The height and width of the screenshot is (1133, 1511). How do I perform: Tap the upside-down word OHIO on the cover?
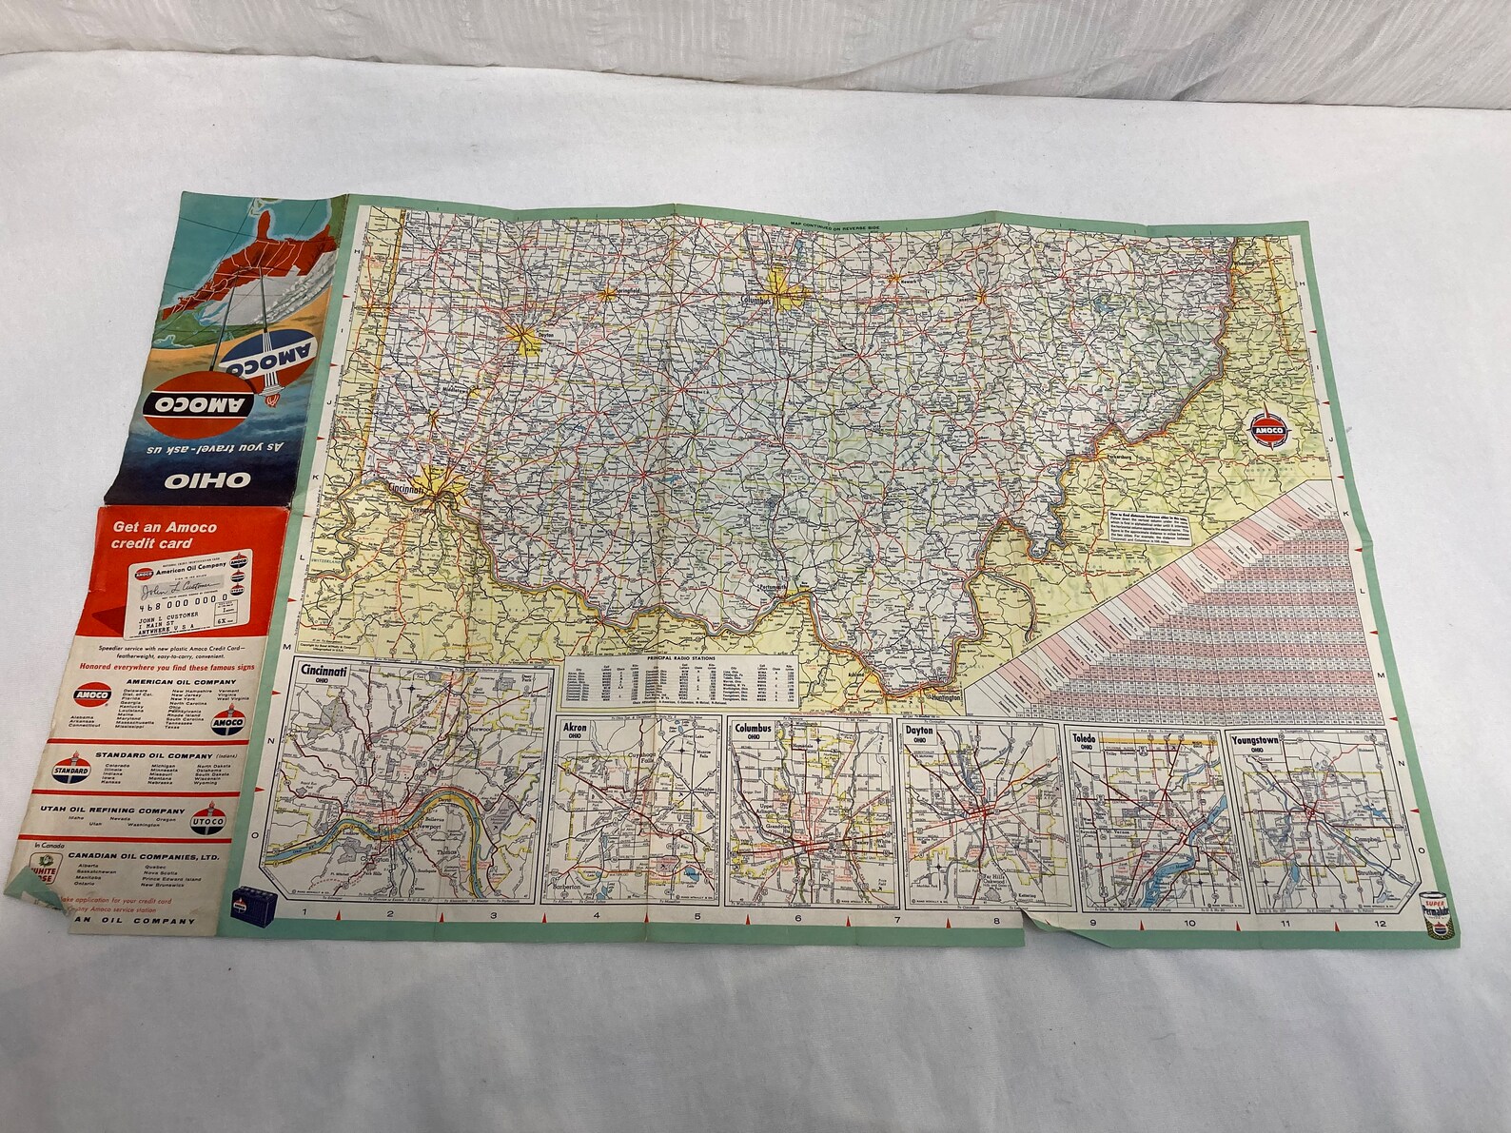pos(195,481)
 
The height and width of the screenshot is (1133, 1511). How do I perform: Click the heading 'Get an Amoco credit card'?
pos(165,535)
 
